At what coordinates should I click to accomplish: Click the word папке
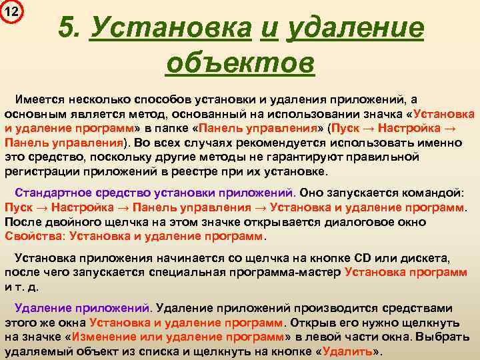169,127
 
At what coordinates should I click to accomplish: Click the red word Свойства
26,235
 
